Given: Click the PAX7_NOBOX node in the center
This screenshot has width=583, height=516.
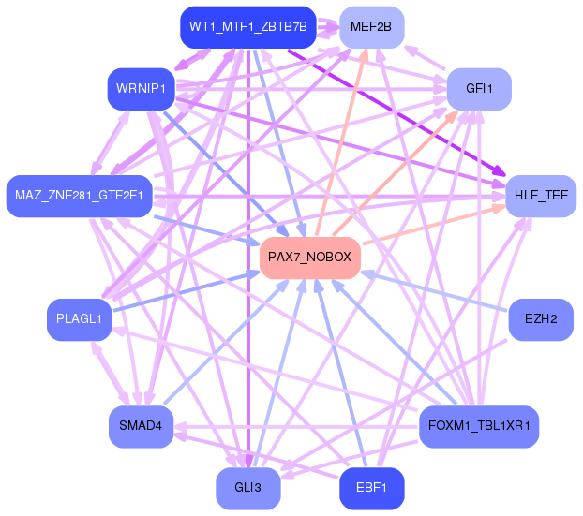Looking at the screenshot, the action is pos(310,258).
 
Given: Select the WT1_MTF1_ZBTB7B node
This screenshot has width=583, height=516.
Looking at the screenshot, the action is pos(248,27).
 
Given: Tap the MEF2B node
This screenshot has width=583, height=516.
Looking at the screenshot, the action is pos(371,27).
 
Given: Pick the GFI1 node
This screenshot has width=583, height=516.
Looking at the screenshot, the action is pos(479,89).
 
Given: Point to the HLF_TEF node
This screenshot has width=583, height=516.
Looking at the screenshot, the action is pos(541,196).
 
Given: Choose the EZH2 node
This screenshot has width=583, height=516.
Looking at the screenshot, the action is pos(541,319).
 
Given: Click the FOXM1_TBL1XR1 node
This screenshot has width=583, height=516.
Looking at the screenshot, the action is pos(479,426).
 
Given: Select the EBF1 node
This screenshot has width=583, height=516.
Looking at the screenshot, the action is pos(371,488).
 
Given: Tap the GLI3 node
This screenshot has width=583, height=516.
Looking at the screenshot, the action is pos(248,488).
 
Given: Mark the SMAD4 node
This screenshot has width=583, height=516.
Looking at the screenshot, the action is pos(141,426).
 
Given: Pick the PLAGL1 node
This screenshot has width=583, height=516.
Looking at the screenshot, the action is pos(79,319).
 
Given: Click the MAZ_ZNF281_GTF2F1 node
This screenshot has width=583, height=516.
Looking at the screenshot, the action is pos(79,196).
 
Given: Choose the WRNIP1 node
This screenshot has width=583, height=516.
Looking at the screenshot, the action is pos(141,89).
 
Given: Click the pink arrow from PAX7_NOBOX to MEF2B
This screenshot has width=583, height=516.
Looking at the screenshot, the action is pos(342,142).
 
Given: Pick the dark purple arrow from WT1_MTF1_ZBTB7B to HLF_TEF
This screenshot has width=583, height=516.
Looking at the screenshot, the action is pos(396,112).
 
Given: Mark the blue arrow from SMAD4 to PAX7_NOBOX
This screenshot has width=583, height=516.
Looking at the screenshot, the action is pos(225,342).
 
